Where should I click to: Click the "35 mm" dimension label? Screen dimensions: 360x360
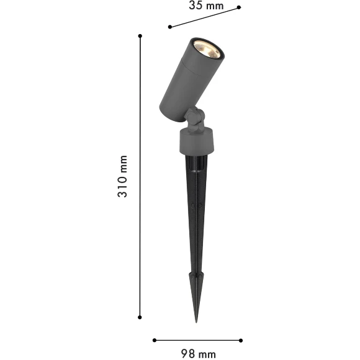tap(205, 6)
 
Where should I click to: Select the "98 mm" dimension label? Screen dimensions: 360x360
tap(198, 354)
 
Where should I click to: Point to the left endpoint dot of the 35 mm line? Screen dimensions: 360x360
tap(169, 27)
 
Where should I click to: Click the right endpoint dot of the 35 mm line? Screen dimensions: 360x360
tap(239, 7)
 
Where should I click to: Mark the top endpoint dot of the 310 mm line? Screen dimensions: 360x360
tap(140, 36)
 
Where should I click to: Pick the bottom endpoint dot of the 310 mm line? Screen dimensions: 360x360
tap(140, 317)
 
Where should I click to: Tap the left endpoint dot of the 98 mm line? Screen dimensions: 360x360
tap(154, 340)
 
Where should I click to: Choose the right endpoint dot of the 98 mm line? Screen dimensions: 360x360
tap(241, 340)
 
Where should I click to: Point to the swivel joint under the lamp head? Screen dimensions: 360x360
tap(195, 118)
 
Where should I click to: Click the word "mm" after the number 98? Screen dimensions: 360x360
tap(207, 354)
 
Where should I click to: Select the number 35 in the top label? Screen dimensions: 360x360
tap(196, 6)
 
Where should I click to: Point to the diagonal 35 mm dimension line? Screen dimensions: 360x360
tap(204, 17)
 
